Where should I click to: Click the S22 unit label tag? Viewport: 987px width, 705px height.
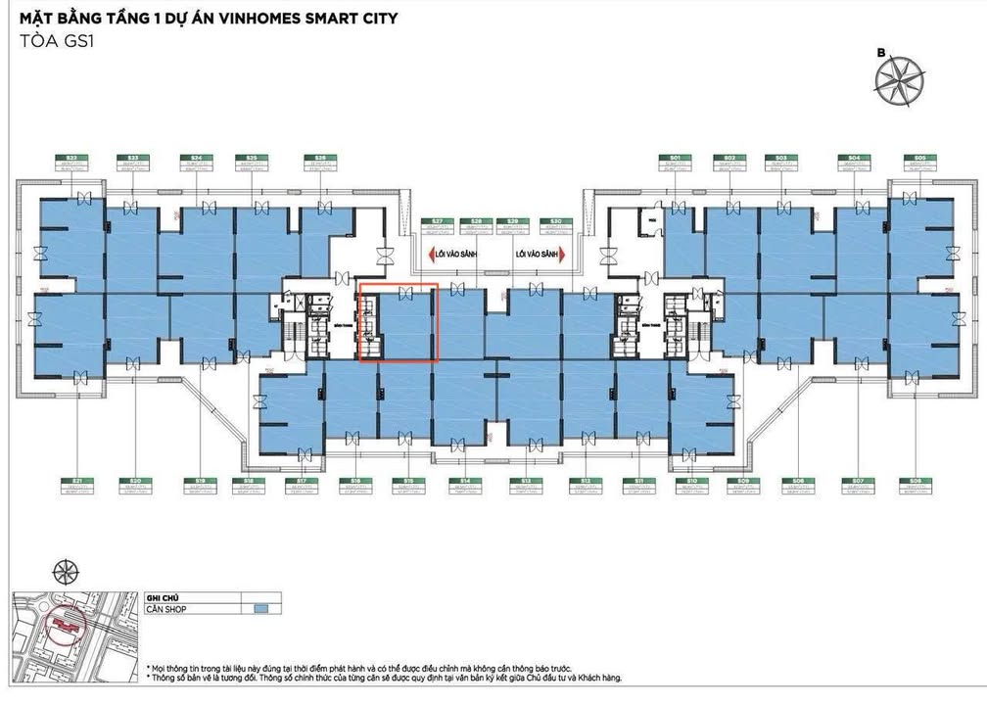click(x=72, y=163)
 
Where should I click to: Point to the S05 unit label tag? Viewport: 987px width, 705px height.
click(x=919, y=163)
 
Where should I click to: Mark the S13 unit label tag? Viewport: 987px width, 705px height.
click(x=526, y=485)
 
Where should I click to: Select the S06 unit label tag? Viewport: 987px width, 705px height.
click(x=916, y=485)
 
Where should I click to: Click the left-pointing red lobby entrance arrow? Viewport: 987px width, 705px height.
click(x=432, y=255)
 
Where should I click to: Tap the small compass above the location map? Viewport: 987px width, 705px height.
click(x=66, y=570)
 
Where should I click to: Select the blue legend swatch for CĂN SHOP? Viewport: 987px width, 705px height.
click(x=260, y=608)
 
